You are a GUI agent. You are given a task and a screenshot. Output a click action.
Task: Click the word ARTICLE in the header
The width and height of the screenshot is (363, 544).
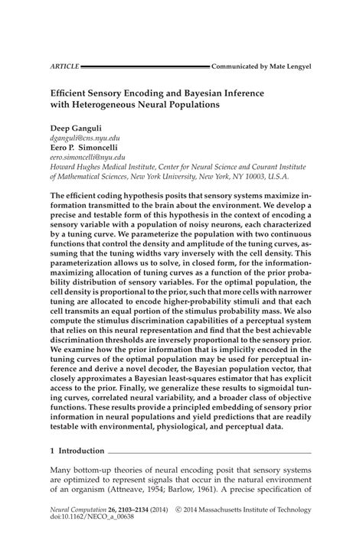(x=64, y=67)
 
